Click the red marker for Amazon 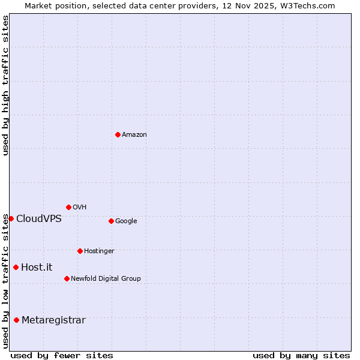[x=118, y=134]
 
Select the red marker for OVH [x=68, y=207]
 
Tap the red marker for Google [x=111, y=221]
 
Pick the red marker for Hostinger [x=80, y=251]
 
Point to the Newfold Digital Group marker [x=67, y=278]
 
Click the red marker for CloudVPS [x=11, y=218]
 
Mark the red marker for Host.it [x=16, y=267]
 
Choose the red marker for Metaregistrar [x=16, y=320]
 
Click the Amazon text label [x=134, y=135]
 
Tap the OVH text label [x=80, y=208]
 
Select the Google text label [x=126, y=221]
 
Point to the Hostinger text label [x=99, y=251]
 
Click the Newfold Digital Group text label [x=106, y=279]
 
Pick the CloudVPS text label [x=39, y=219]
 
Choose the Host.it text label [x=37, y=268]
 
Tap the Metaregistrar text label [x=53, y=320]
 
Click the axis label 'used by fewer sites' [x=62, y=355]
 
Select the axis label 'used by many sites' [x=301, y=355]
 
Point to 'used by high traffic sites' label [x=5, y=85]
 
